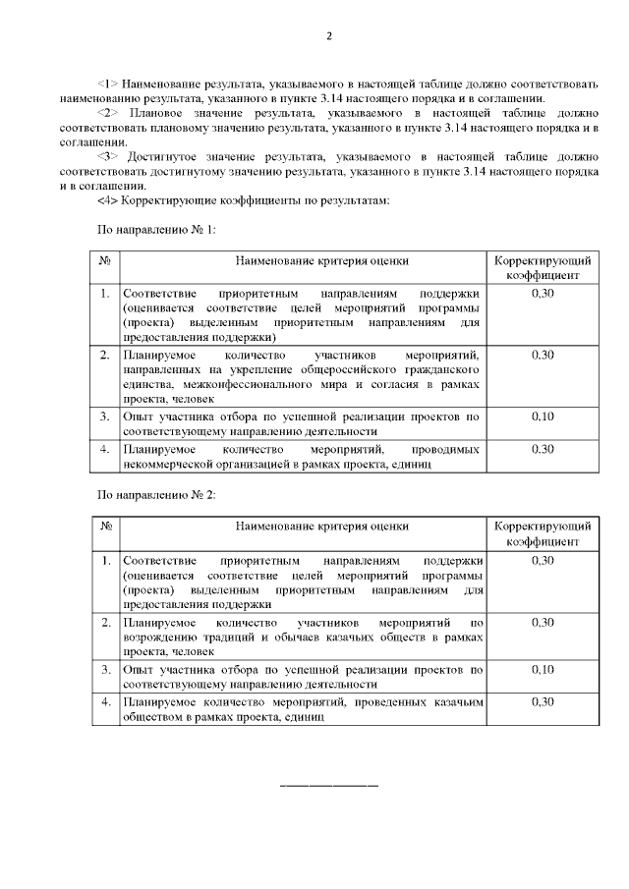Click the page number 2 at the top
tap(330, 37)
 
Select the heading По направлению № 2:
tap(154, 495)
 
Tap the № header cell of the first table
tap(105, 260)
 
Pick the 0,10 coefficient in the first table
tap(543, 417)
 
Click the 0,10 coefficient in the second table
tap(543, 669)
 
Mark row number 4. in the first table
tap(105, 448)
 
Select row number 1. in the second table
tap(105, 560)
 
